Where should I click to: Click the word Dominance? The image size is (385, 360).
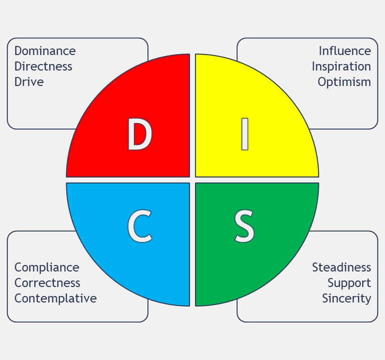pyautogui.click(x=45, y=51)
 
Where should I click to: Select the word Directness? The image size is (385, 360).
pyautogui.click(x=43, y=67)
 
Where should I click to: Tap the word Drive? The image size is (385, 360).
pyautogui.click(x=29, y=82)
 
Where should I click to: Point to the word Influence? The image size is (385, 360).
pyautogui.click(x=345, y=51)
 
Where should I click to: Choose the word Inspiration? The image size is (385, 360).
pyautogui.click(x=341, y=67)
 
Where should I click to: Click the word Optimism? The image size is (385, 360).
pyautogui.click(x=344, y=82)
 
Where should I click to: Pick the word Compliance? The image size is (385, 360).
pyautogui.click(x=47, y=267)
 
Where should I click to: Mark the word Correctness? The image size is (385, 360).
pyautogui.click(x=47, y=283)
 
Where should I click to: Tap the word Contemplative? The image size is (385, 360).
pyautogui.click(x=56, y=298)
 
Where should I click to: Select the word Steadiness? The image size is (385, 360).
pyautogui.click(x=341, y=267)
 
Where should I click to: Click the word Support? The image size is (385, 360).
pyautogui.click(x=349, y=283)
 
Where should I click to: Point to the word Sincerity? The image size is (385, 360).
pyautogui.click(x=346, y=298)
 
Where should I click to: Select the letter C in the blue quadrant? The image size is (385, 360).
pyautogui.click(x=139, y=227)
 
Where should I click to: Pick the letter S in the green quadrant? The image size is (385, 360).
pyautogui.click(x=245, y=227)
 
